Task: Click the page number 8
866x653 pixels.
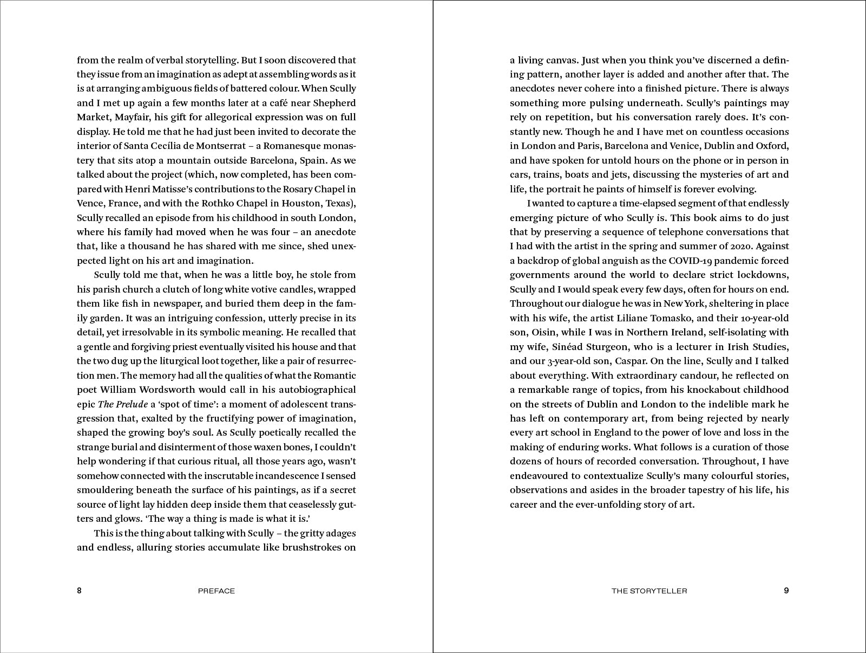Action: [79, 591]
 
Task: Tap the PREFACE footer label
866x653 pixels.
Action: [216, 591]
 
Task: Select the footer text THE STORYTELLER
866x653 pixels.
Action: [649, 591]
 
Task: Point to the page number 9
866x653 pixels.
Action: [786, 591]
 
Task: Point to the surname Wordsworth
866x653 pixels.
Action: [170, 390]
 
